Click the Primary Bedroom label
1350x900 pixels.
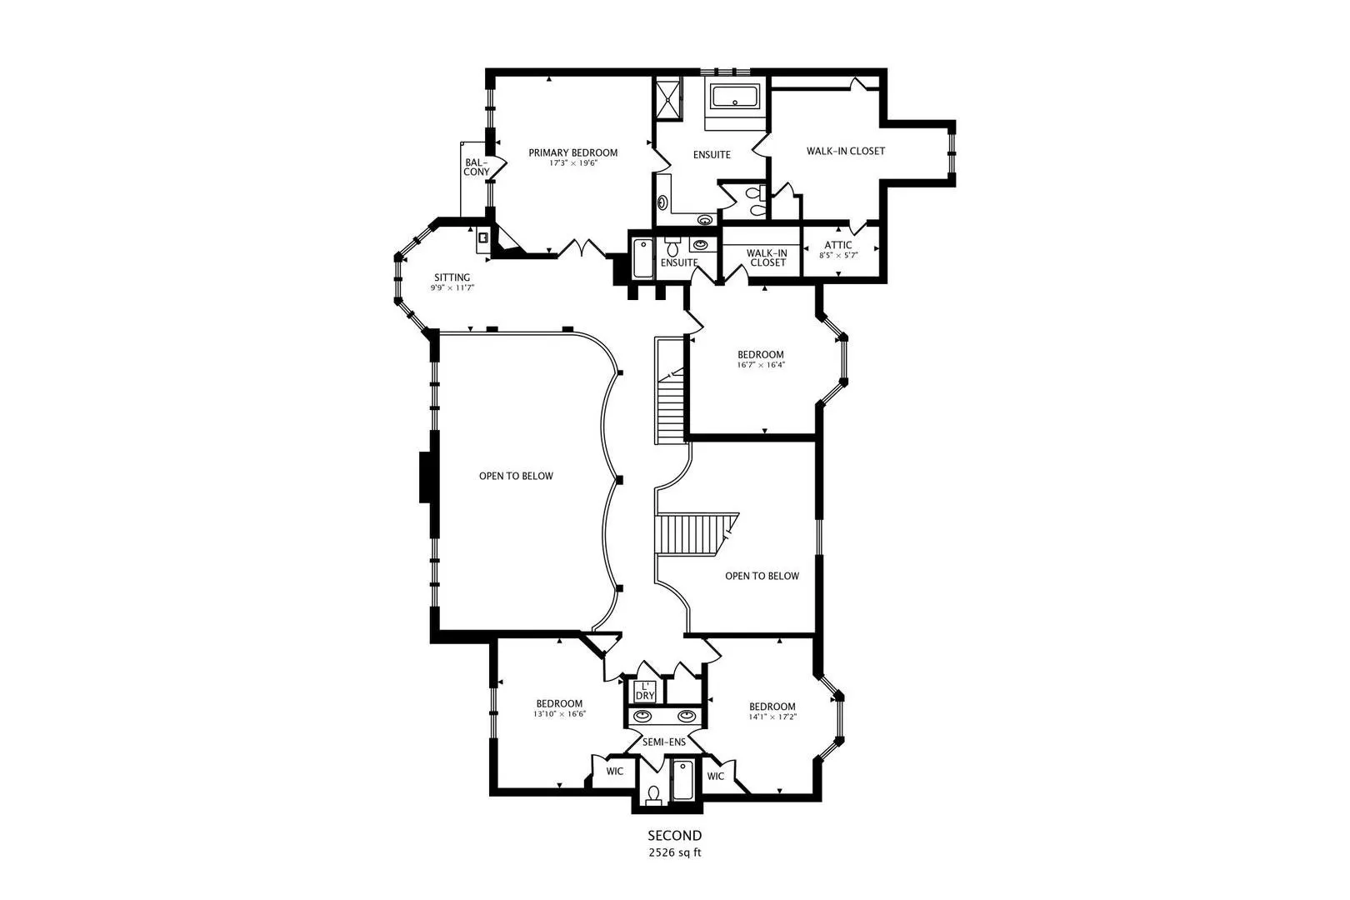(572, 153)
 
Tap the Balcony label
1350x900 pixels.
(476, 167)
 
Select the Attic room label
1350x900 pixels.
(837, 245)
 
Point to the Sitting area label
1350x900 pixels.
(452, 277)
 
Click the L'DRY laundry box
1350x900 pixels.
(644, 691)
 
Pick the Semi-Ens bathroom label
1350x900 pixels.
(663, 742)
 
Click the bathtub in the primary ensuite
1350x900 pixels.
(735, 97)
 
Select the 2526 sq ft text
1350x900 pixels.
(674, 852)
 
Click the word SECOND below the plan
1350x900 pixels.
(674, 836)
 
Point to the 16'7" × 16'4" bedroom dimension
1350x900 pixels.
(761, 365)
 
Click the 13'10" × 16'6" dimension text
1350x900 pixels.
(559, 713)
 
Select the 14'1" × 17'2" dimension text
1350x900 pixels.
(772, 717)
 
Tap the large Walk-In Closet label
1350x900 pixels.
(846, 151)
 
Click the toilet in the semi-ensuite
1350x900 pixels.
(653, 794)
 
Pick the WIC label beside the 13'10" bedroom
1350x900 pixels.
(615, 772)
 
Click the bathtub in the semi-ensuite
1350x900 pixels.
(682, 780)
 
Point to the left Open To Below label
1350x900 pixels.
(516, 476)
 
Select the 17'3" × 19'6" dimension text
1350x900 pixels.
(573, 162)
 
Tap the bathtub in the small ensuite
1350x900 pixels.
(643, 258)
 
